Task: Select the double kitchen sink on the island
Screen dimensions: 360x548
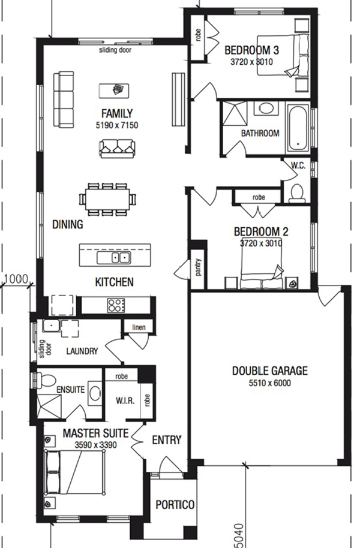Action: [x=114, y=258]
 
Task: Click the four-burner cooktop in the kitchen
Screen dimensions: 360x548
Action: [x=116, y=305]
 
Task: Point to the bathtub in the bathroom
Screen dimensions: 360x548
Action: [x=298, y=128]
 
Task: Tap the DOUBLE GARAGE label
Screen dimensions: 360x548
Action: [x=270, y=371]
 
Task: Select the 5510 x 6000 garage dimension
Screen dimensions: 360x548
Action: [x=270, y=383]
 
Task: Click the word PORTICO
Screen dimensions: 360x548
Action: [x=175, y=505]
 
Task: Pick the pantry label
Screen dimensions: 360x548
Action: [x=199, y=267]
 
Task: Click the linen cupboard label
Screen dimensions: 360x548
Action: [x=139, y=327]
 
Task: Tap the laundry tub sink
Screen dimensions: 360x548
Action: [x=51, y=326]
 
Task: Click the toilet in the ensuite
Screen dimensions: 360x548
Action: [x=46, y=381]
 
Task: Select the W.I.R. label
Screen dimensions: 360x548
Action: [x=125, y=401]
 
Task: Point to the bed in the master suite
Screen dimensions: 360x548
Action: [x=75, y=472]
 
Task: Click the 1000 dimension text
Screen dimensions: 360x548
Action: [x=16, y=279]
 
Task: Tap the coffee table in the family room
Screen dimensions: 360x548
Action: [x=114, y=91]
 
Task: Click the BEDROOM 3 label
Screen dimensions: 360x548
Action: [x=251, y=50]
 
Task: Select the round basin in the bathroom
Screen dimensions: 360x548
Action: [x=266, y=108]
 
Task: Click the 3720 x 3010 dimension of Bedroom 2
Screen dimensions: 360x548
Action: [x=260, y=243]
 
